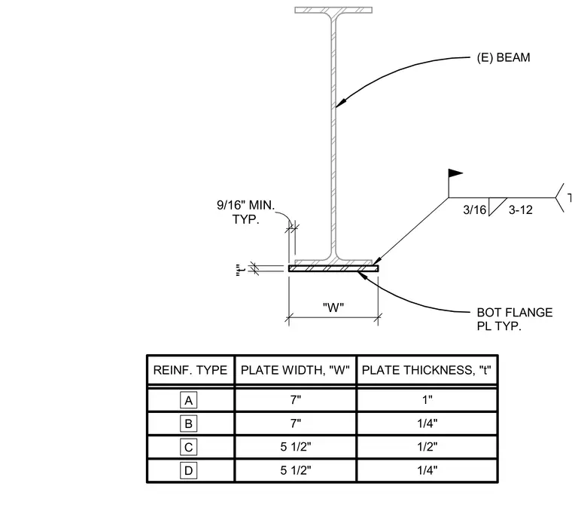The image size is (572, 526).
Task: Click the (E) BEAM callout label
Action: tap(504, 58)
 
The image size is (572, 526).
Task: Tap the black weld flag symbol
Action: tap(455, 173)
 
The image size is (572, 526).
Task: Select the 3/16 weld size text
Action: tap(475, 210)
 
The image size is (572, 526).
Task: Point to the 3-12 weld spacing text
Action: tap(521, 210)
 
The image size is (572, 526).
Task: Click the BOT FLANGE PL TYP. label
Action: tap(515, 319)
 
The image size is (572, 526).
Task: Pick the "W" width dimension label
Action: tap(333, 307)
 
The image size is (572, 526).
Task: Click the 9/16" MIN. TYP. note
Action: tap(246, 213)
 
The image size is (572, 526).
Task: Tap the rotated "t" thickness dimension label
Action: tap(239, 270)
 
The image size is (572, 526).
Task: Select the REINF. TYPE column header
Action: tap(190, 370)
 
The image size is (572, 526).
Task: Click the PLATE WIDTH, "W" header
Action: tap(295, 370)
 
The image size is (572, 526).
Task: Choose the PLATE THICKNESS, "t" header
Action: tap(427, 370)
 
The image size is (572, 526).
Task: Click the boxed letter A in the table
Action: tap(189, 400)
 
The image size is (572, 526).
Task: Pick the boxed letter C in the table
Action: tap(189, 447)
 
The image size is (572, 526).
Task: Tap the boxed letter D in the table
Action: tap(189, 470)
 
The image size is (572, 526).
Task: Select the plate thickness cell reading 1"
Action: tap(427, 400)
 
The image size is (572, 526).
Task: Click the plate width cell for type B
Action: tap(296, 424)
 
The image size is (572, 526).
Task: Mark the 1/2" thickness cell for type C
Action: tap(427, 447)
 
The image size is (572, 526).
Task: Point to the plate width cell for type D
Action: tap(296, 470)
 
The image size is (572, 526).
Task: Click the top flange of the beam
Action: tap(333, 10)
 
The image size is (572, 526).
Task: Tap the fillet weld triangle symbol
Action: tap(495, 206)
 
